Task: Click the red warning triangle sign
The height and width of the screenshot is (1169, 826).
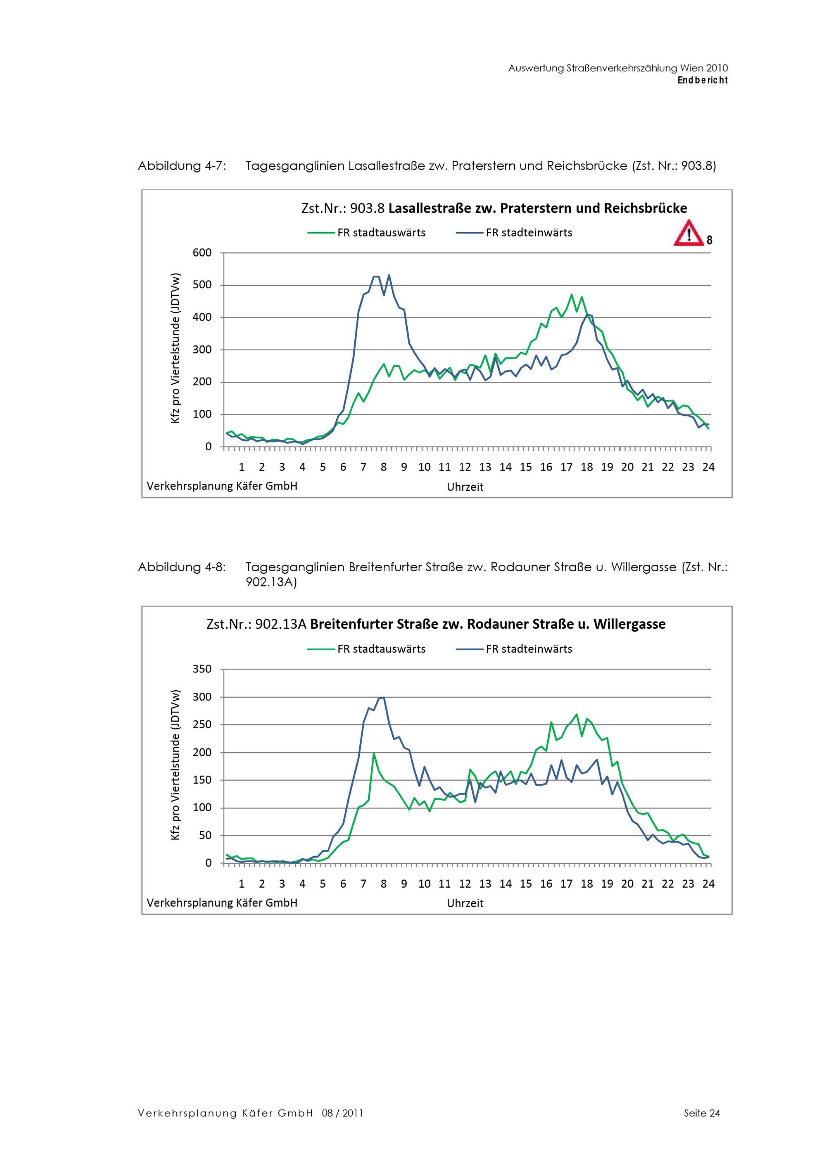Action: [x=688, y=234]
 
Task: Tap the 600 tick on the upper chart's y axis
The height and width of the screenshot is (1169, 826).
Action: [x=202, y=252]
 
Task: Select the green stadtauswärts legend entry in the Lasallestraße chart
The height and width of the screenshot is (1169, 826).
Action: [x=366, y=233]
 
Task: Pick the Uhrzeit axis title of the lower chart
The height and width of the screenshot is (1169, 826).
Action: [x=465, y=903]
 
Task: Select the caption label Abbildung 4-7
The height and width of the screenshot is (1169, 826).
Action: [x=182, y=166]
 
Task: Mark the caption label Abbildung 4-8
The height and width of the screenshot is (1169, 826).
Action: [x=182, y=567]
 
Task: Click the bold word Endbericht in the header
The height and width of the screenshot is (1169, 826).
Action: [x=703, y=81]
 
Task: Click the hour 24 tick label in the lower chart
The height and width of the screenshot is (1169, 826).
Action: [x=708, y=884]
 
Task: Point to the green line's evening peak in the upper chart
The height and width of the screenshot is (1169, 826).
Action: [x=572, y=294]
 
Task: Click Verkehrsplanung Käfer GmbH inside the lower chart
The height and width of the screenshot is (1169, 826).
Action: [x=222, y=903]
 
